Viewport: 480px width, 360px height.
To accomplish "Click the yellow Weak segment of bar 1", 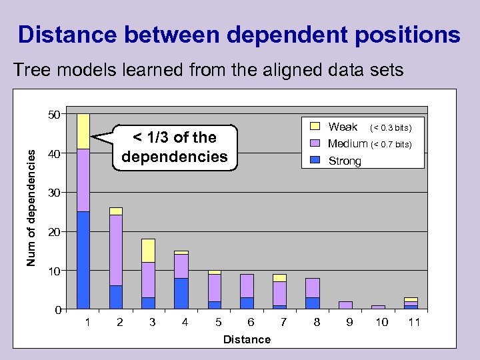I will point(83,131).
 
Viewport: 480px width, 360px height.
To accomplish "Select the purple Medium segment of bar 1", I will point(83,180).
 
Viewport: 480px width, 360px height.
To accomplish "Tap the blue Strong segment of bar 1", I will point(83,260).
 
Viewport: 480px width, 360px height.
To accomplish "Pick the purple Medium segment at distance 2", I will point(116,250).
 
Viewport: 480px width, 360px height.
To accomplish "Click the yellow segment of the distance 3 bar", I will point(148,251).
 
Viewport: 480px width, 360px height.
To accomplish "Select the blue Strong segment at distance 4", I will point(181,293).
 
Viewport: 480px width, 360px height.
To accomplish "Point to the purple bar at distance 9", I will point(345,305).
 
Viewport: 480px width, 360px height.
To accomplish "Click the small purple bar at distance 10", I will point(377,307).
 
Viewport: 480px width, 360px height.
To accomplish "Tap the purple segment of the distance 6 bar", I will point(247,286).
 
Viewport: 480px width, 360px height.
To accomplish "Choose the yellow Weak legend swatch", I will point(315,127).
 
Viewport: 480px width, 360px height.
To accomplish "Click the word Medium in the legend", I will point(347,144).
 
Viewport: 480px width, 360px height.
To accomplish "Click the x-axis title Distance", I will point(247,339).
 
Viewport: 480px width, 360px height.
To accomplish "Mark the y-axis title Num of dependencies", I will point(31,207).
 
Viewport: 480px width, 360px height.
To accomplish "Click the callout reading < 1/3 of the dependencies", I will point(175,147).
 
